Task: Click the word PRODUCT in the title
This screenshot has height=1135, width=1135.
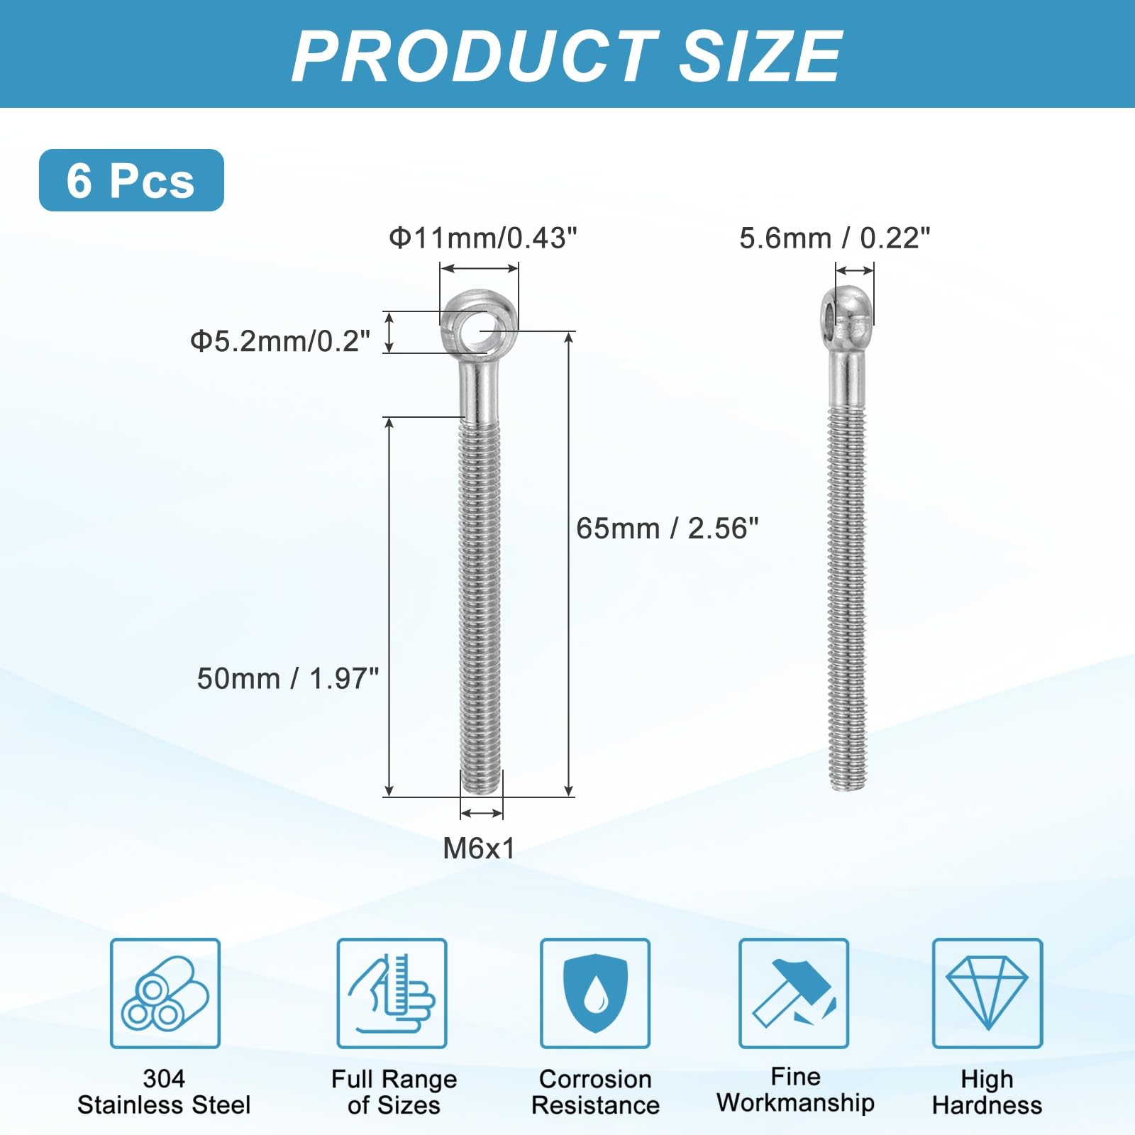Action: [x=475, y=56]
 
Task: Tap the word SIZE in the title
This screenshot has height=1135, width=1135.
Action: [x=760, y=56]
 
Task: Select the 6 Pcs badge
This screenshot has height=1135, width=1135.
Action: [x=131, y=180]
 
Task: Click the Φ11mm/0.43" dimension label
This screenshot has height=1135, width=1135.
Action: [x=483, y=238]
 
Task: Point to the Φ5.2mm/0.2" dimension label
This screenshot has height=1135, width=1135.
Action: [x=280, y=341]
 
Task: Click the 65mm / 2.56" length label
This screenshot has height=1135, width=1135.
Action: [x=668, y=528]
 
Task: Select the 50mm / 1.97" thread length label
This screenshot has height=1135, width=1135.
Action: [x=288, y=679]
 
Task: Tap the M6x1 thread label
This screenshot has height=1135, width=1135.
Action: [x=479, y=848]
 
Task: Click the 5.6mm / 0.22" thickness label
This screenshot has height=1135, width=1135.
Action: [x=835, y=238]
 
